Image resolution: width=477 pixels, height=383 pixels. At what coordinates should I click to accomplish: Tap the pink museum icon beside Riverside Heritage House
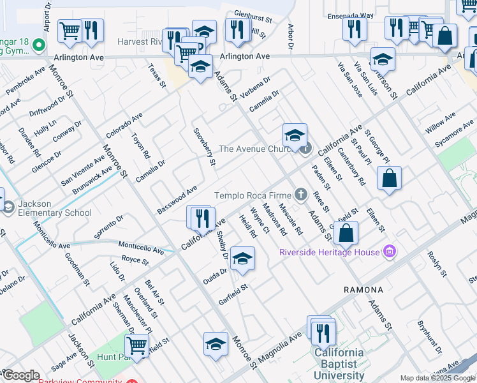click(390, 253)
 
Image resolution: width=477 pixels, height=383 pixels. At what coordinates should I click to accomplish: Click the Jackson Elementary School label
click(55, 208)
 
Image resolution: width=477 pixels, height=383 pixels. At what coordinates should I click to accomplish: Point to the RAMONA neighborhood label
click(363, 289)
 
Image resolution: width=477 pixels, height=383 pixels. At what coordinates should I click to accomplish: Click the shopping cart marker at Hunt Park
click(137, 345)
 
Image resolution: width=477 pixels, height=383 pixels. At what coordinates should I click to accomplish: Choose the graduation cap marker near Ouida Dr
click(242, 259)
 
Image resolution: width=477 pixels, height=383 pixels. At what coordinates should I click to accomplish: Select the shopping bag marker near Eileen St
click(389, 179)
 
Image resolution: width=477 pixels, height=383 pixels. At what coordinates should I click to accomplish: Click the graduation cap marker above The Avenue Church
click(295, 135)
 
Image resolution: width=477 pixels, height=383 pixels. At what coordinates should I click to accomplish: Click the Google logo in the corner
click(21, 375)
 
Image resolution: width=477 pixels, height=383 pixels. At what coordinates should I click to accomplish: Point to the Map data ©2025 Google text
click(437, 378)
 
